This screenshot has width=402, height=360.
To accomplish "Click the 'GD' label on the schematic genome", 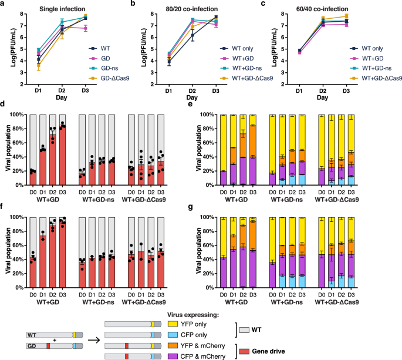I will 31,346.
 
